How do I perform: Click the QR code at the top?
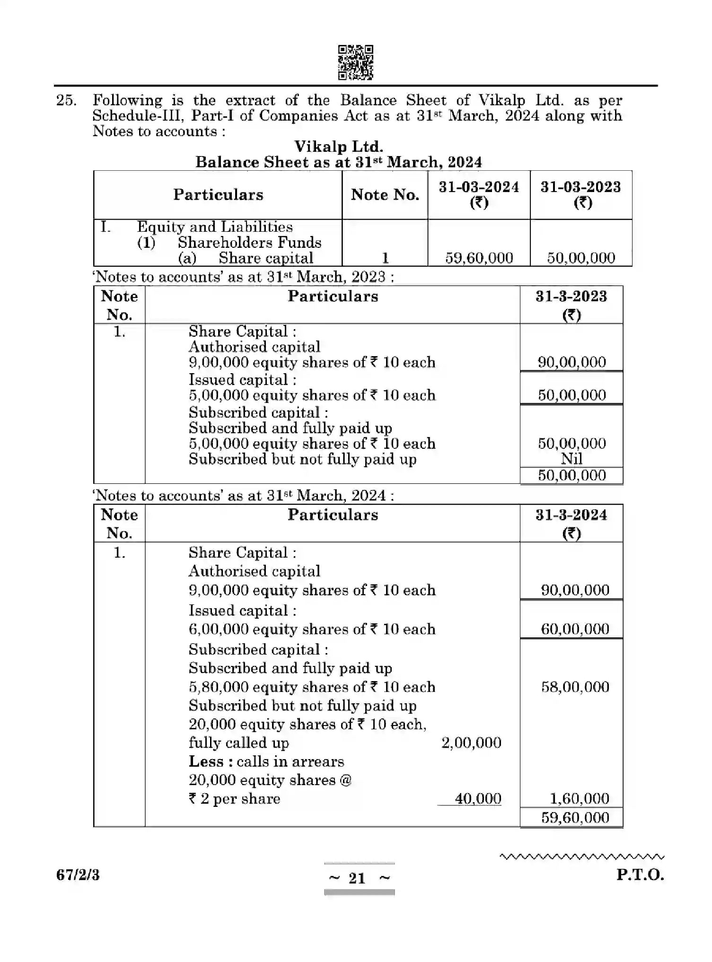pyautogui.click(x=355, y=62)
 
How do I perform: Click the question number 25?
pyautogui.click(x=66, y=100)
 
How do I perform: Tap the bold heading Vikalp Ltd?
pyautogui.click(x=338, y=146)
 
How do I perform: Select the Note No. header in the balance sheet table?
pyautogui.click(x=385, y=195)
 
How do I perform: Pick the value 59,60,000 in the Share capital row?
pyautogui.click(x=479, y=258)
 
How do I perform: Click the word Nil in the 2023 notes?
pyautogui.click(x=571, y=458)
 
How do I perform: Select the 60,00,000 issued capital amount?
pyautogui.click(x=575, y=629)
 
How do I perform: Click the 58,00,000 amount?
pyautogui.click(x=575, y=686)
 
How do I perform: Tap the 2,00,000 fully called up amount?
pyautogui.click(x=471, y=743)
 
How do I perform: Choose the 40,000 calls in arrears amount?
pyautogui.click(x=477, y=799)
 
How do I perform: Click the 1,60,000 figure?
pyautogui.click(x=579, y=799)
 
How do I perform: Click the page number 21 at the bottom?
pyautogui.click(x=357, y=878)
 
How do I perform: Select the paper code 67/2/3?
pyautogui.click(x=78, y=875)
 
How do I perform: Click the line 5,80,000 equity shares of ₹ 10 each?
pyautogui.click(x=311, y=687)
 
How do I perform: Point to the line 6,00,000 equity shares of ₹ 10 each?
pyautogui.click(x=311, y=629)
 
